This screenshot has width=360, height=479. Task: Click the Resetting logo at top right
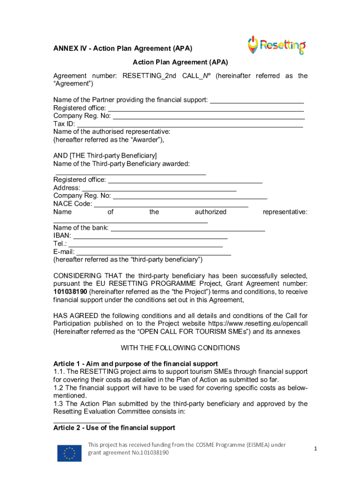point(276,45)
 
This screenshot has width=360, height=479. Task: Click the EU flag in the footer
point(69,453)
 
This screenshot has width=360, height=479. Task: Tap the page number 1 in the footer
point(316,449)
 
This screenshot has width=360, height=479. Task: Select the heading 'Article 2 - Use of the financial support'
point(114,428)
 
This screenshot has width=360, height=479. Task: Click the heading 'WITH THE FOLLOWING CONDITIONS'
point(180,348)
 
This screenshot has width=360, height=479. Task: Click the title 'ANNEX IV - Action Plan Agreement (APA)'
point(122,49)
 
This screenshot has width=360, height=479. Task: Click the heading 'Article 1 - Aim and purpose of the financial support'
point(136,363)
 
